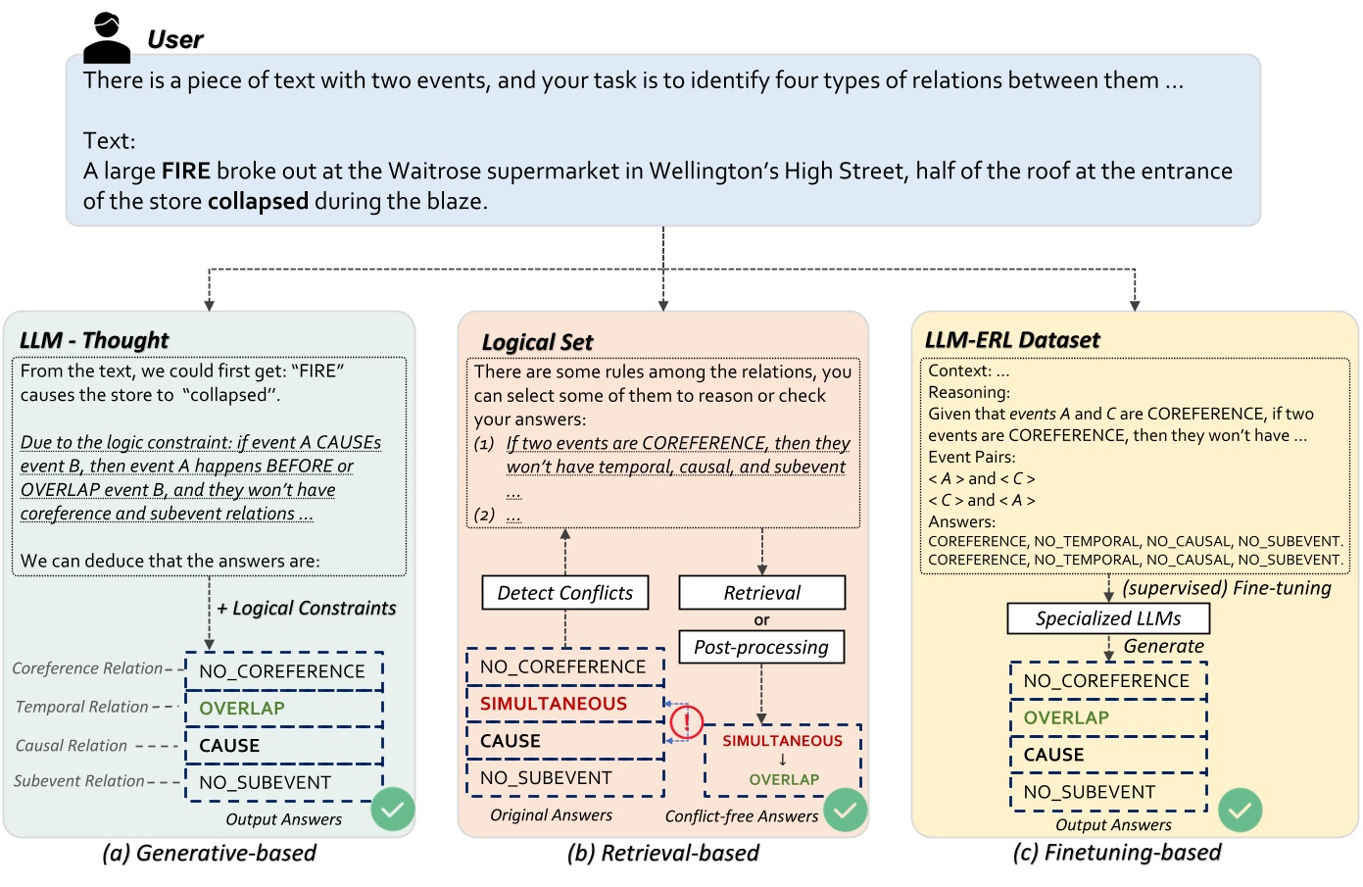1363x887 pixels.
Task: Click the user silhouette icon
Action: click(107, 38)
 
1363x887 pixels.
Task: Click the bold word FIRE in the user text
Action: click(186, 172)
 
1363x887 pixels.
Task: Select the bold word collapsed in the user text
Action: click(258, 202)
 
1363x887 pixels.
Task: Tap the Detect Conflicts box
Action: click(565, 593)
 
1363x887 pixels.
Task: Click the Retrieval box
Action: click(761, 593)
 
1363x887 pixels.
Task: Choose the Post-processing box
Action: click(761, 647)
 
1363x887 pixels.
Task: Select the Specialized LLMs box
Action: click(1108, 618)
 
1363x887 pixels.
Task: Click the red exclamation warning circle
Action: click(687, 723)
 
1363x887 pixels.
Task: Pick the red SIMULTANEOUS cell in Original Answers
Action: click(554, 704)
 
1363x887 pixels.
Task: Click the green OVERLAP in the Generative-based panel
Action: click(242, 709)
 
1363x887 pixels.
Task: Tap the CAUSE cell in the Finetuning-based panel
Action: click(1054, 755)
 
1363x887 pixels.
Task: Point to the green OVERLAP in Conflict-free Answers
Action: click(784, 780)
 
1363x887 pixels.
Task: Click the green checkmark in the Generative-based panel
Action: click(393, 810)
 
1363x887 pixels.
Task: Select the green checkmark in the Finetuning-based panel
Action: click(1240, 810)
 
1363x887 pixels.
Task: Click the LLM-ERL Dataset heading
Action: click(1012, 340)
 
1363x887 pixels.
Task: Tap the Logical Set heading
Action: click(537, 342)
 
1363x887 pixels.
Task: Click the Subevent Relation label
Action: click(79, 781)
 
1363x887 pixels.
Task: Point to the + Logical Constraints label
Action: click(307, 609)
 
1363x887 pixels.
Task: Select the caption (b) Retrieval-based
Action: click(663, 853)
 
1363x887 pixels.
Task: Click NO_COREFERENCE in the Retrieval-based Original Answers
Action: click(563, 666)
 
